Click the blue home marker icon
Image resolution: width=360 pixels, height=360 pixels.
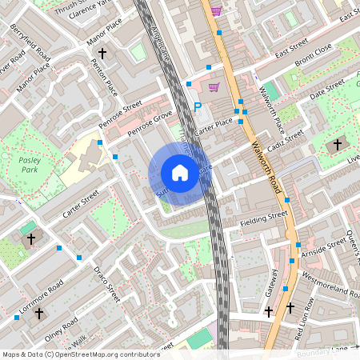coord(180,173)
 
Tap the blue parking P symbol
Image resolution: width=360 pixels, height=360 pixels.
coord(198,106)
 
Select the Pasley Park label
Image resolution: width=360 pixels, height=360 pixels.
coord(29,165)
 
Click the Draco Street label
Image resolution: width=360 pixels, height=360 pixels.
coord(106,284)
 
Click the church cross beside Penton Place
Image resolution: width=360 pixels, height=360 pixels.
coord(102,54)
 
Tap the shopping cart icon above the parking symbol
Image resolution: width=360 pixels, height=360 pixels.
coord(214,87)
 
